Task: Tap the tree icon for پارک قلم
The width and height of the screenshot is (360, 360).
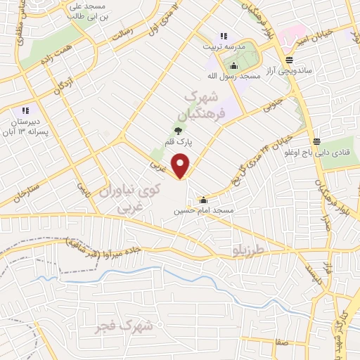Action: (177, 129)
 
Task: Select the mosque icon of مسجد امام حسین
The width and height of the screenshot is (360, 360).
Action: (204, 199)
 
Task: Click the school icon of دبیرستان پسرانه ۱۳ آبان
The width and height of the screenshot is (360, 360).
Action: (25, 110)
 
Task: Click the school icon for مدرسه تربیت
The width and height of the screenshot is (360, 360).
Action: (224, 36)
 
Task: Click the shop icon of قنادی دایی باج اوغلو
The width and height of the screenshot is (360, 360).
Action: (316, 141)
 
